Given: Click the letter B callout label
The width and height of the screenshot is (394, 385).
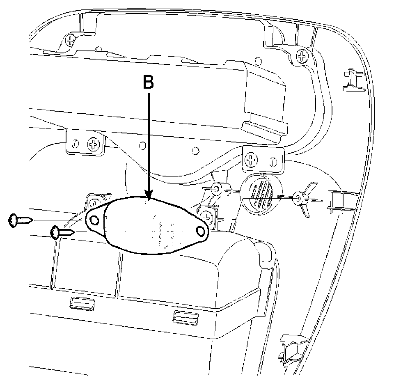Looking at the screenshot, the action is coord(148,82).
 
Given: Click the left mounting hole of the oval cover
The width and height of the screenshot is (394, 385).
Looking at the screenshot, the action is coord(94,221).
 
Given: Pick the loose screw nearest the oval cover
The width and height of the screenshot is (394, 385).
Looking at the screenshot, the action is coord(62,233).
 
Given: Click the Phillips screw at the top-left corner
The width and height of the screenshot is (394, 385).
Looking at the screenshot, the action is coord(71,40).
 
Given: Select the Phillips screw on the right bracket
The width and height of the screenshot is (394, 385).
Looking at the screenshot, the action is coord(251,159).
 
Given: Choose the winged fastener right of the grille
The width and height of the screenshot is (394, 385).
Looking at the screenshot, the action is coord(301,199).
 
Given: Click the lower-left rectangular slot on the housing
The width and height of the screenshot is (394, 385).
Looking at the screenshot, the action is coord(82,303).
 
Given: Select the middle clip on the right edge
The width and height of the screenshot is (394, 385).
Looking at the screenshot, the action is coord(339,202).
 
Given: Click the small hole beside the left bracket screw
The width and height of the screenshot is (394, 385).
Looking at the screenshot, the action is coord(75,144).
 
